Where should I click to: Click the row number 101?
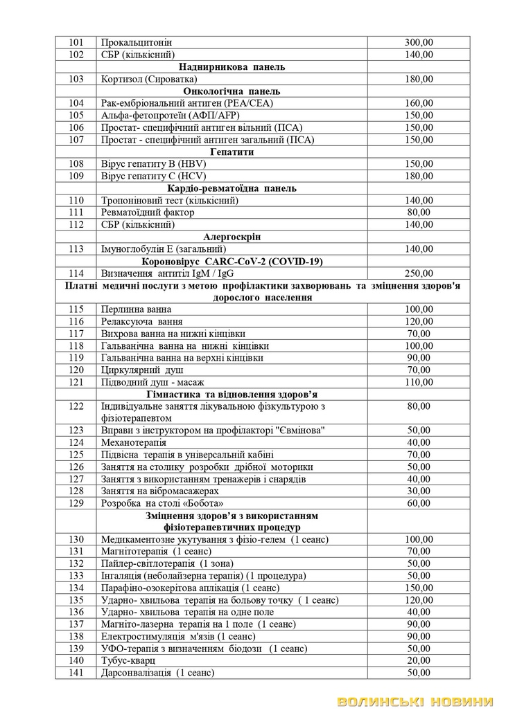[x=76, y=43]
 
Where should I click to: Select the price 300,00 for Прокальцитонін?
[x=419, y=43]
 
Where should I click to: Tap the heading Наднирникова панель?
[x=232, y=67]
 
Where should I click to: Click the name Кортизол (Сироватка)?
[x=148, y=79]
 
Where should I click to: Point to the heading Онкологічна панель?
[x=232, y=91]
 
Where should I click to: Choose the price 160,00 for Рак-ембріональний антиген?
[x=419, y=103]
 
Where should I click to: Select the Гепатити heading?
[x=232, y=152]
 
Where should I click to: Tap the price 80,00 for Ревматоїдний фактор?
[x=419, y=212]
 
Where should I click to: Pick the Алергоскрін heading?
[x=232, y=236]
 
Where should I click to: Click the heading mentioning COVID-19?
[x=232, y=261]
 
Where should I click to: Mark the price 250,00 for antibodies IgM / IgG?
[x=419, y=273]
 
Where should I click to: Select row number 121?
[x=76, y=381]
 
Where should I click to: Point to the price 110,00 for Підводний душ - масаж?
[x=419, y=381]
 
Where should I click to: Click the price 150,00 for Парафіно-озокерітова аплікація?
[x=419, y=587]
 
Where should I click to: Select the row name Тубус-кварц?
[x=128, y=660]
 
